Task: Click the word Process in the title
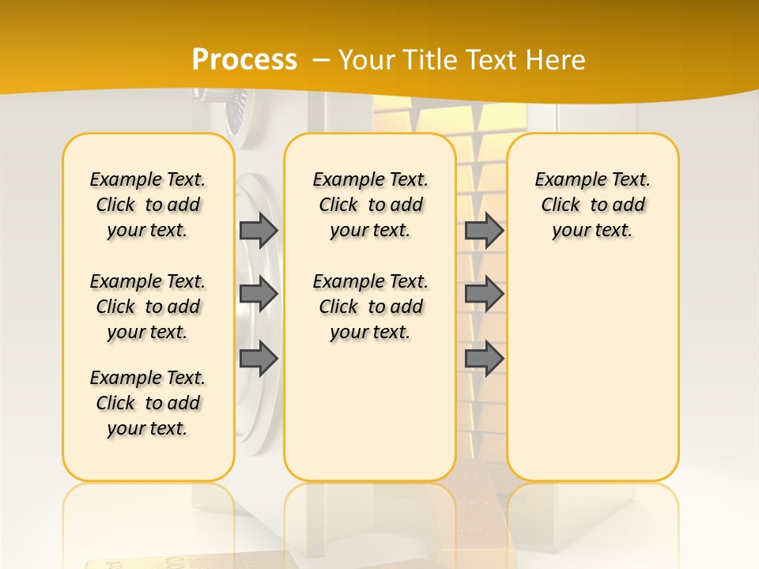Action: click(x=244, y=60)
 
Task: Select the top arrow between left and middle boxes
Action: click(x=259, y=230)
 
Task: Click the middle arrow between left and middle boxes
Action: click(x=259, y=294)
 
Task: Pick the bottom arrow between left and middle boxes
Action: click(x=259, y=359)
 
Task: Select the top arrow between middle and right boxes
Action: click(x=484, y=230)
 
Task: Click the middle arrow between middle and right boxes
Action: click(x=484, y=294)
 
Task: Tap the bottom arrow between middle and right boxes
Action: click(x=484, y=359)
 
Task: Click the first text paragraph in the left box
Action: click(x=148, y=205)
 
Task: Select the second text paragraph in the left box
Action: click(x=148, y=307)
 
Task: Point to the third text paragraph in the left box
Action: click(x=148, y=403)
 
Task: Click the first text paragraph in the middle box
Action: click(x=370, y=205)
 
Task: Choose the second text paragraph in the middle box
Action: click(x=370, y=307)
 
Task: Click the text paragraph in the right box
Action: click(x=592, y=205)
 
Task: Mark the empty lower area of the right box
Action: click(x=592, y=371)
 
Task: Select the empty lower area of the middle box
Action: click(x=370, y=411)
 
